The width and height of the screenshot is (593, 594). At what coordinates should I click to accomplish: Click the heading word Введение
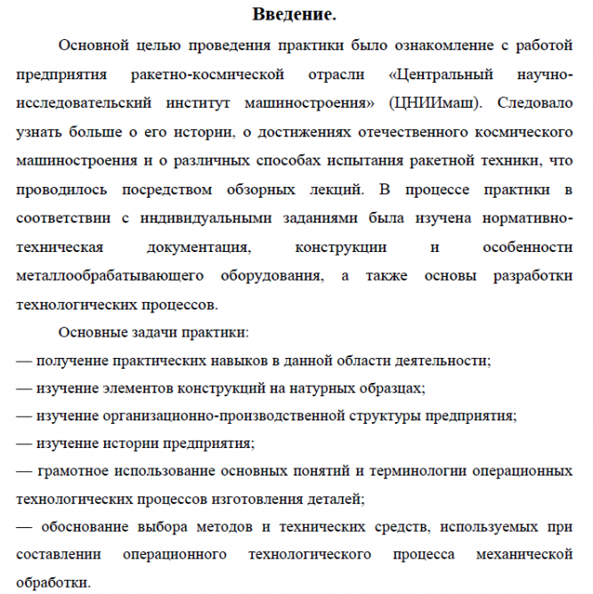pyautogui.click(x=295, y=15)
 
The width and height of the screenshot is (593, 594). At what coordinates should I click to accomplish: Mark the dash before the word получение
pyautogui.click(x=25, y=361)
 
